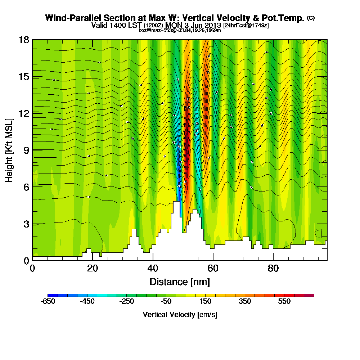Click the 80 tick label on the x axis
pyautogui.click(x=273, y=269)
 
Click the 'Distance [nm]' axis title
pyautogui.click(x=180, y=282)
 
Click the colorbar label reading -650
pyautogui.click(x=49, y=302)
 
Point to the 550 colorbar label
pyautogui.click(x=284, y=302)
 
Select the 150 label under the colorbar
pyautogui.click(x=206, y=302)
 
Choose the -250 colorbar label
pyautogui.click(x=127, y=302)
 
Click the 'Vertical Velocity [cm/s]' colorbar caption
pyautogui.click(x=180, y=315)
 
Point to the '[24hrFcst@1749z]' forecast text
pyautogui.click(x=246, y=26)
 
